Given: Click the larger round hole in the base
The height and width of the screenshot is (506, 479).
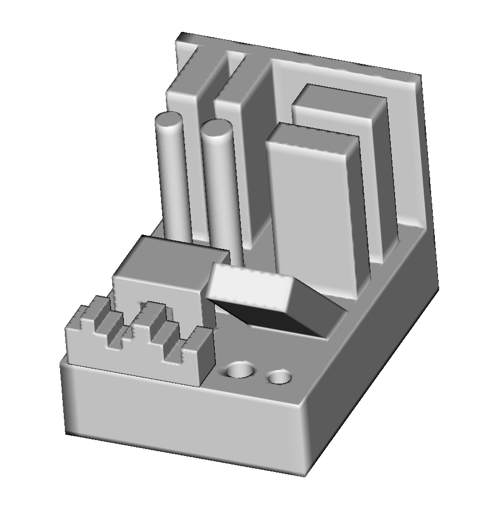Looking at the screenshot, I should coord(240,370).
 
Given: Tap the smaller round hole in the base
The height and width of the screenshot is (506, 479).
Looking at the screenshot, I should coord(280,377).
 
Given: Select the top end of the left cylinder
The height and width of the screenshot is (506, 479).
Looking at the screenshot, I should coord(170,121).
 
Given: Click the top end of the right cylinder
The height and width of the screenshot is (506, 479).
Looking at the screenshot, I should coord(217,128).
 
